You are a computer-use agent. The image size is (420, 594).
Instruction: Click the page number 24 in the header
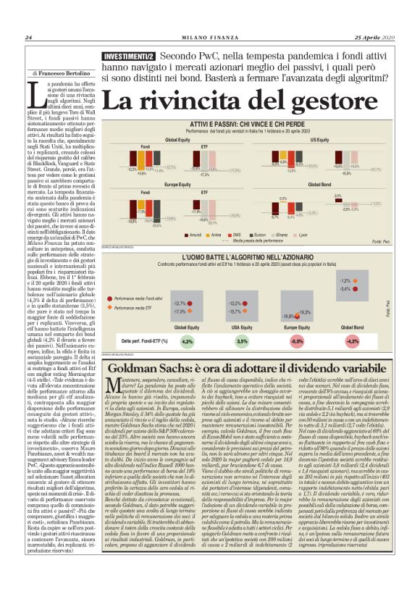(x=29, y=38)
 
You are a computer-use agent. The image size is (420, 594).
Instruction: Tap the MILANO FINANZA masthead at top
(x=209, y=38)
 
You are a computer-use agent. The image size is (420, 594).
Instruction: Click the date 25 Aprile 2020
(x=377, y=38)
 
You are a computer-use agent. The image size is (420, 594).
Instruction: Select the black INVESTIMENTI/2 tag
(x=129, y=56)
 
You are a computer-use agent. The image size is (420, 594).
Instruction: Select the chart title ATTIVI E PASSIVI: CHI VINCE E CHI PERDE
(x=251, y=125)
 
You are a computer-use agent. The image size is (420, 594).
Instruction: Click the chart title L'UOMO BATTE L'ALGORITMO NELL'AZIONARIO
(x=250, y=256)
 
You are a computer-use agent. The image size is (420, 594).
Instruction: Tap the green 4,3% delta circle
(x=188, y=340)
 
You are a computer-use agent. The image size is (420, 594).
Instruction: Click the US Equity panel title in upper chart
(x=340, y=139)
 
